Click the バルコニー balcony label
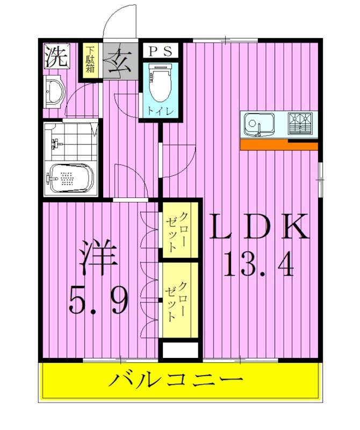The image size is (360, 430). point(175,382)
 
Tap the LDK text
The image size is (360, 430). point(259,227)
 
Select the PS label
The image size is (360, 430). point(160,52)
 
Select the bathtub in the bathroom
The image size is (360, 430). point(69,178)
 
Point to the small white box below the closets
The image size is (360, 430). point(179,350)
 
